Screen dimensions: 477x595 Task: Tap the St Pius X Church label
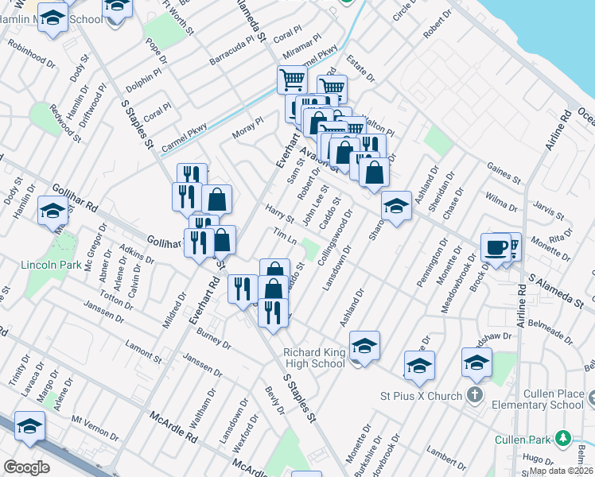(422, 396)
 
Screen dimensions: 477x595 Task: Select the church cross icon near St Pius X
(475, 394)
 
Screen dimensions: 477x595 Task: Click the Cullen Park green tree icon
(563, 438)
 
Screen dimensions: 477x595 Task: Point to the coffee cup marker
(496, 247)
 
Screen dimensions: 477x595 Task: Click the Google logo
(26, 467)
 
